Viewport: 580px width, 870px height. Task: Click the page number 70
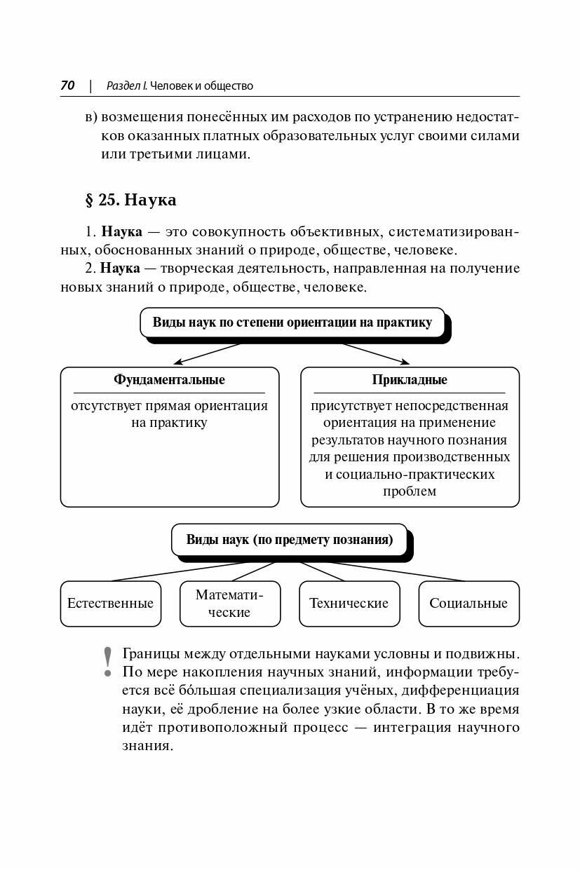tap(67, 86)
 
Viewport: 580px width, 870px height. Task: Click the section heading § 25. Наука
tap(130, 200)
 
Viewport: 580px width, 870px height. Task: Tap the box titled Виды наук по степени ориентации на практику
tap(292, 323)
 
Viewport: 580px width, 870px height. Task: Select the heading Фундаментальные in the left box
tap(169, 380)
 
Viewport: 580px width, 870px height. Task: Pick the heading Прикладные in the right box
tap(410, 380)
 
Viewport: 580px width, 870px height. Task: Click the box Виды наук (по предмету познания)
tap(289, 540)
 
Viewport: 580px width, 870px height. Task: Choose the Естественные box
tap(110, 603)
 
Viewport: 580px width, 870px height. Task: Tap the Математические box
tap(229, 603)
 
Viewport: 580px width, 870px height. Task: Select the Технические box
tap(349, 603)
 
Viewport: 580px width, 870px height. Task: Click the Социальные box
tap(468, 603)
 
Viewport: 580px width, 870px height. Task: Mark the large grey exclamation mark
tap(107, 661)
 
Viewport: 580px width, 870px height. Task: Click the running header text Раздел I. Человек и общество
tap(180, 86)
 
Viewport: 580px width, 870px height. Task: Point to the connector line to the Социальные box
tap(393, 571)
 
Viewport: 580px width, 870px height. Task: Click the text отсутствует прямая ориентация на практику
tap(169, 414)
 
